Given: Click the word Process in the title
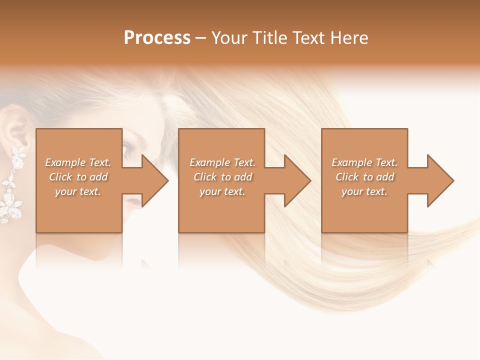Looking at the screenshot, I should (157, 38).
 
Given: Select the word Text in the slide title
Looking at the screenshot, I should (309, 38).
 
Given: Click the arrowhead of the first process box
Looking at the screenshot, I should (155, 180).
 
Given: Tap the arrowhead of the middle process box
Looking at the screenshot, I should (297, 180).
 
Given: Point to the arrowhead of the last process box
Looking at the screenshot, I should (440, 180).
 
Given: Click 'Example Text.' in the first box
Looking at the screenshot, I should (78, 162).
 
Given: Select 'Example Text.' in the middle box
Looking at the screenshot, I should (222, 162).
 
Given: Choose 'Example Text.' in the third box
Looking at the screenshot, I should (364, 162).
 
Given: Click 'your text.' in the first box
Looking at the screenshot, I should (78, 191).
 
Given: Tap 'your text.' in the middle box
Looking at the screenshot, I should (222, 191).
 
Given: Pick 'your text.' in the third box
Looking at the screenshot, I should (364, 191).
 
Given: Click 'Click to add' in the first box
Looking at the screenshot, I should (78, 177).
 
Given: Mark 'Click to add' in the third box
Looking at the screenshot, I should (364, 177).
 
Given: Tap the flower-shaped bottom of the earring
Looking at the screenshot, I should (9, 207).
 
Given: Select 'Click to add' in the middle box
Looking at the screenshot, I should (222, 177).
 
